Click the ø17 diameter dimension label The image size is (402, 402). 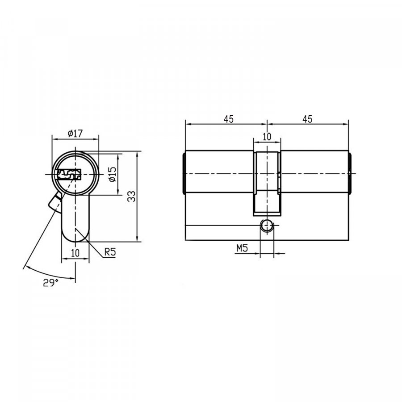point(75,133)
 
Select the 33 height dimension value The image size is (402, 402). point(131,197)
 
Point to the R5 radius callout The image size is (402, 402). point(110,252)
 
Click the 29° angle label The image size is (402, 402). point(50,283)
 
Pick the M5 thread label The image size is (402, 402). point(242,248)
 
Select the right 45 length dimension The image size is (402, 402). point(307,119)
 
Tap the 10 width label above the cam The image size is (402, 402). point(267,137)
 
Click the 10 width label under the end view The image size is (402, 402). point(75,253)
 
